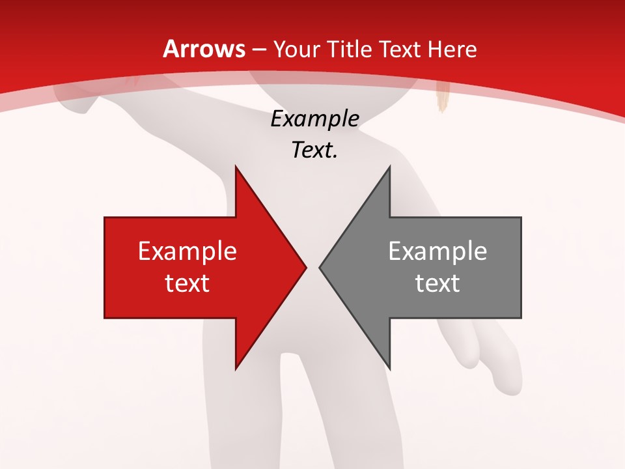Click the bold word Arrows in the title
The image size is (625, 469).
click(x=204, y=49)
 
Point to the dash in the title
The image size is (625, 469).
click(x=259, y=50)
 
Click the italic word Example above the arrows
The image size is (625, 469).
click(x=314, y=119)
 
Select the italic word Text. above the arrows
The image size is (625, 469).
click(x=314, y=150)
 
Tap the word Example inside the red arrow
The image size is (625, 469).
click(x=187, y=251)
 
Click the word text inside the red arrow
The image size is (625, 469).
click(x=187, y=283)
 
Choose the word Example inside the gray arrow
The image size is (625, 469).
click(x=437, y=251)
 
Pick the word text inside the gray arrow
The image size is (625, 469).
click(x=437, y=283)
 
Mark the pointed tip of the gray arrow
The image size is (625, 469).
click(x=320, y=267)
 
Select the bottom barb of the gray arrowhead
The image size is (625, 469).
click(x=389, y=367)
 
